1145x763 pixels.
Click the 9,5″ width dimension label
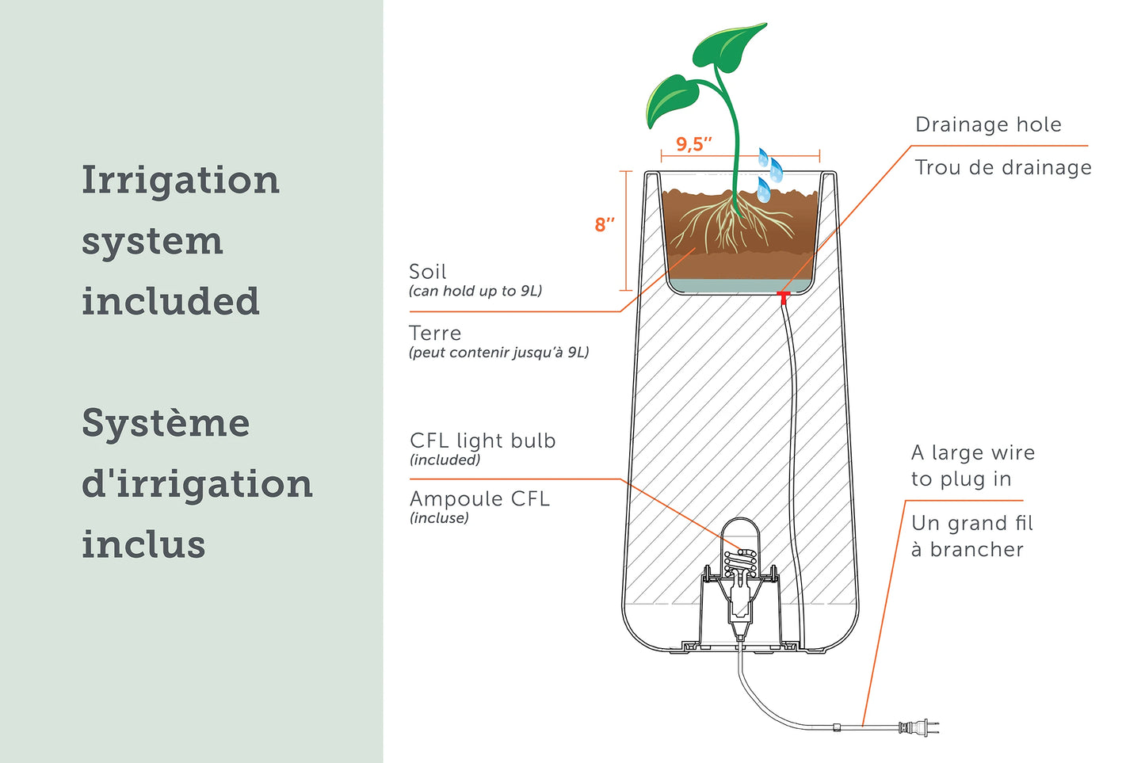[693, 144]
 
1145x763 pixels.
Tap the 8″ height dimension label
[605, 225]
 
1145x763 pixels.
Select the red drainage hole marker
[783, 297]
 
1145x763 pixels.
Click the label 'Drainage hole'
[987, 124]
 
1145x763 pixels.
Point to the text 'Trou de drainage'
[1002, 168]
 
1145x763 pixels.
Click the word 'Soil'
[428, 272]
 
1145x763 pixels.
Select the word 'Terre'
[435, 334]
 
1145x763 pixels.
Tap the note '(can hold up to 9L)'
[475, 291]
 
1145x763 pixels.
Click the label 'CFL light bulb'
[483, 441]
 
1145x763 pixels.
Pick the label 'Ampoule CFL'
[479, 499]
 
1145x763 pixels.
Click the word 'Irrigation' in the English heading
[181, 181]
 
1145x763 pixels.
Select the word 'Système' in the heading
[166, 423]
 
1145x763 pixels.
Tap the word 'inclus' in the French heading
[143, 545]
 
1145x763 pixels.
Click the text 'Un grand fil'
[971, 524]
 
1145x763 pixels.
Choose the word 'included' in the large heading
[170, 302]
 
